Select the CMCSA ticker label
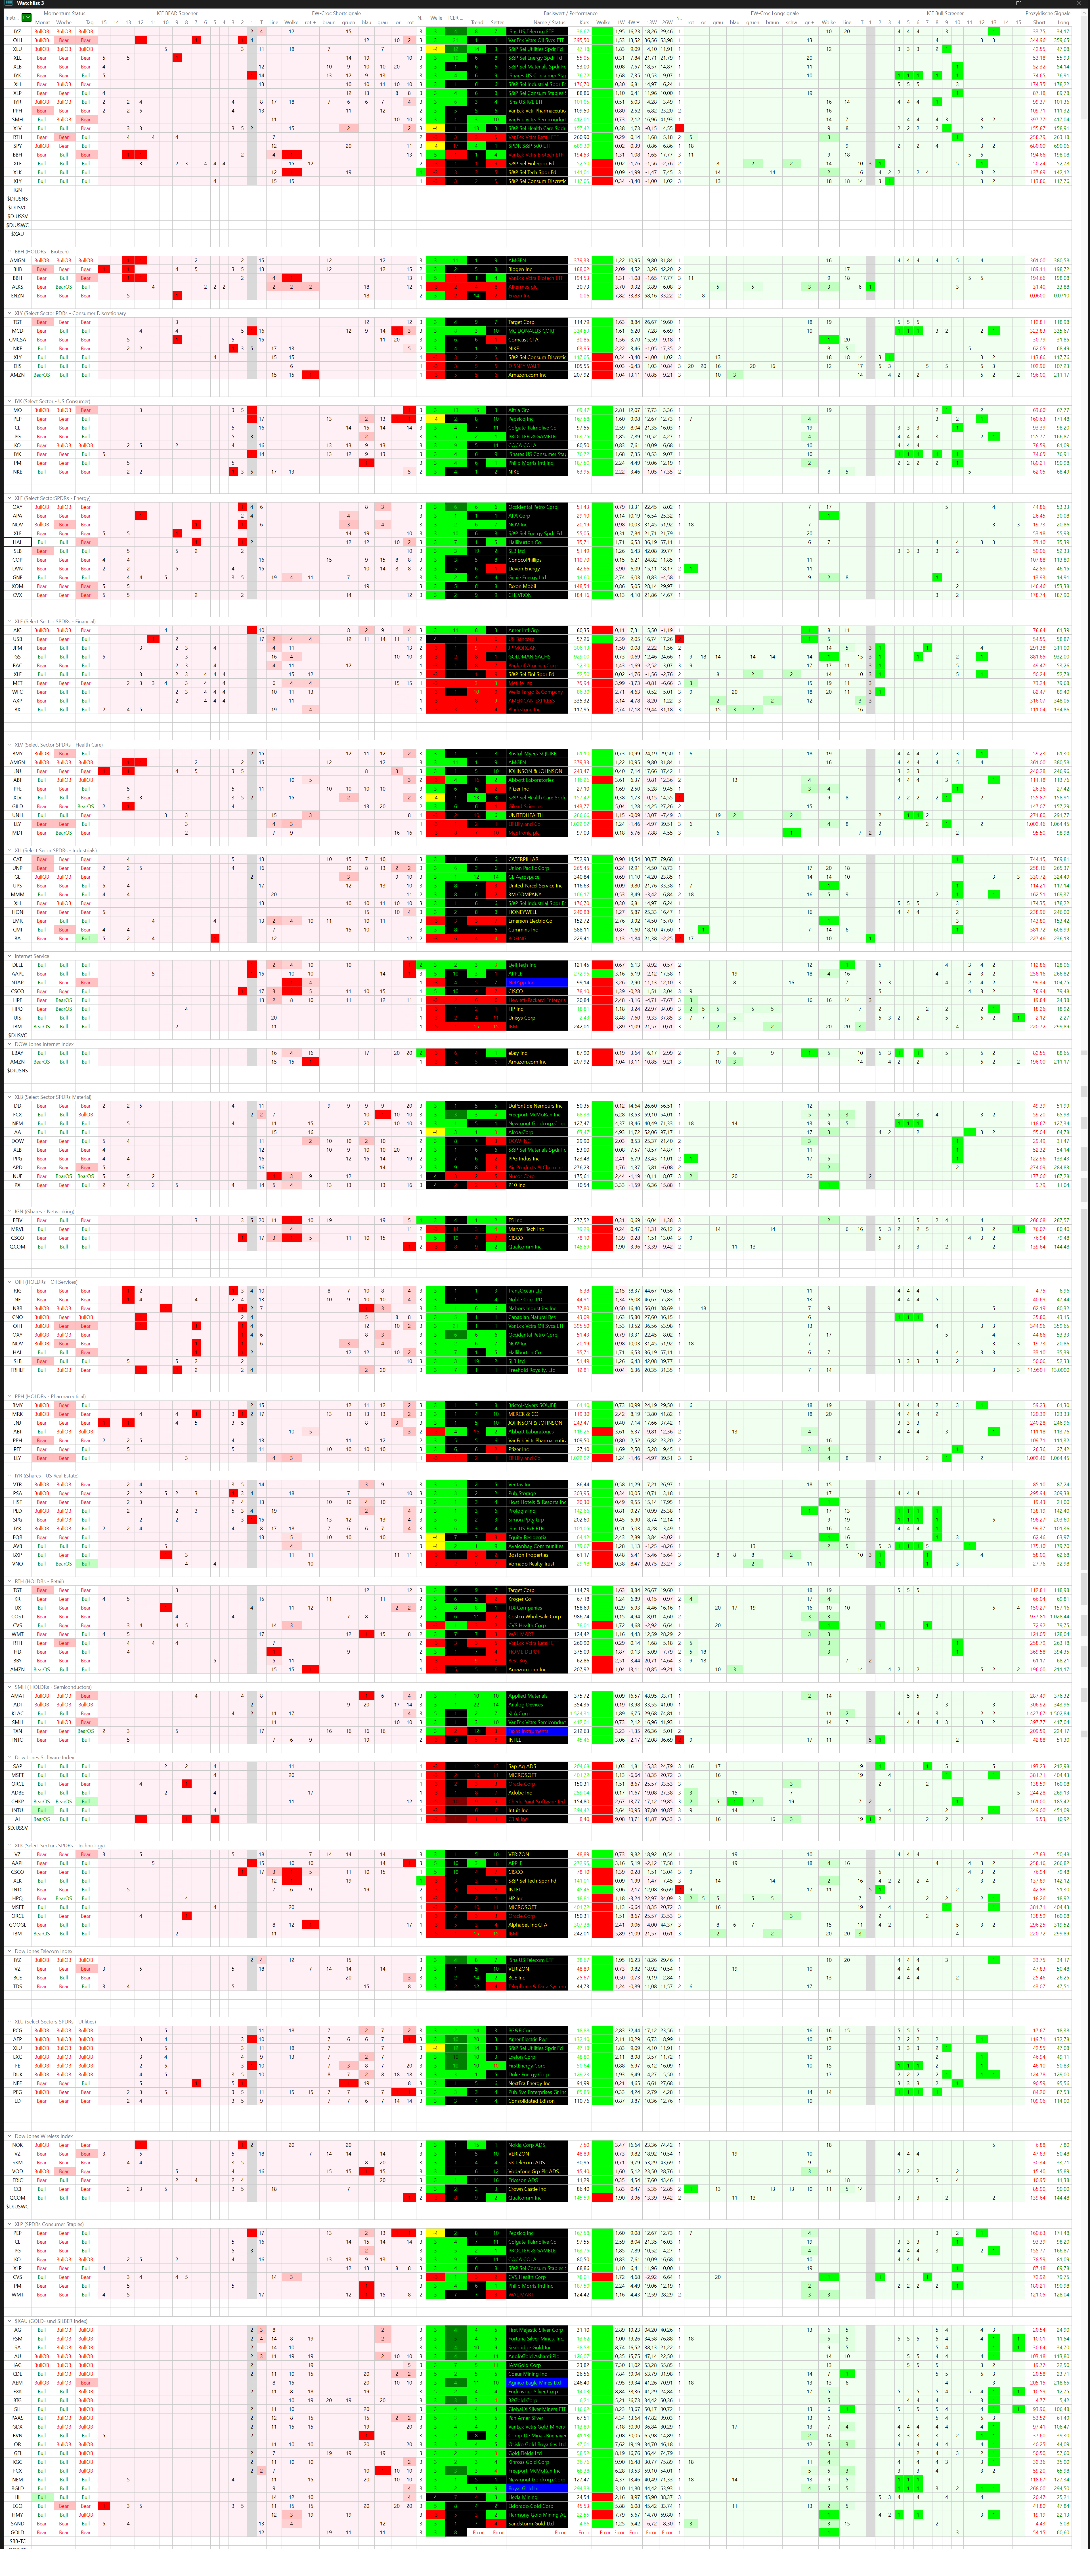pyautogui.click(x=18, y=339)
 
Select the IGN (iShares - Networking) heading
pyautogui.click(x=45, y=1211)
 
